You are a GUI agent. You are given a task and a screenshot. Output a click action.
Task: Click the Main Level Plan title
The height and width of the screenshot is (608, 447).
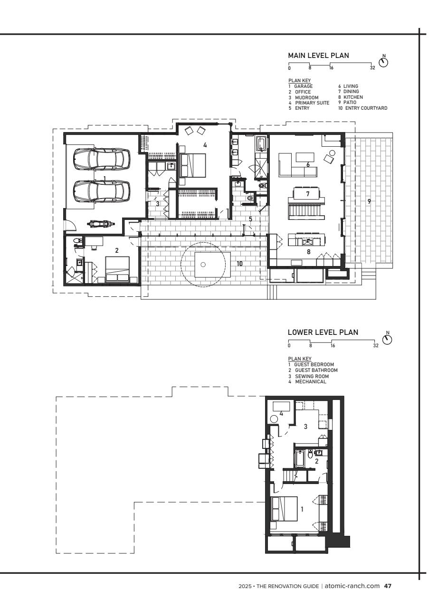(318, 56)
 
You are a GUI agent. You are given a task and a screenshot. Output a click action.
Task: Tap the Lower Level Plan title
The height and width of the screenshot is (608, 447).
(323, 332)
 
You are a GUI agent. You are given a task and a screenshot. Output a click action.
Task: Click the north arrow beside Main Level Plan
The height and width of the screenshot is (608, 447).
(383, 62)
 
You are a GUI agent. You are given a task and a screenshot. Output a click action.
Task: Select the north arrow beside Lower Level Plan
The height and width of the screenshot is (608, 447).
(387, 339)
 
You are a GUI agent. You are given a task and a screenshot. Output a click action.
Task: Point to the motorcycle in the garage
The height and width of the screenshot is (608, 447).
(100, 224)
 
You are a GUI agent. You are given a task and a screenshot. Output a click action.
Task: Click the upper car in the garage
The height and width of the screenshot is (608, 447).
(102, 159)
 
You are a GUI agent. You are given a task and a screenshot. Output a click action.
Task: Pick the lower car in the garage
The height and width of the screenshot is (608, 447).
(102, 191)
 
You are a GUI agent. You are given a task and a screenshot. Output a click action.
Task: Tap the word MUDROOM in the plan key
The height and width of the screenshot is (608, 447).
(307, 97)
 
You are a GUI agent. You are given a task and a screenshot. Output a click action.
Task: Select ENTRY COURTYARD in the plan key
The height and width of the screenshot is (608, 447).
(366, 108)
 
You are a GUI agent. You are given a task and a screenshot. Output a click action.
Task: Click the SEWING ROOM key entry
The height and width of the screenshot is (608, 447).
(312, 377)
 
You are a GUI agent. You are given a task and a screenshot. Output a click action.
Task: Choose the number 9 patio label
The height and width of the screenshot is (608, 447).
(369, 201)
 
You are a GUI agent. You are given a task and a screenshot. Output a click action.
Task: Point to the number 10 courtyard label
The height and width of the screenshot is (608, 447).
(239, 264)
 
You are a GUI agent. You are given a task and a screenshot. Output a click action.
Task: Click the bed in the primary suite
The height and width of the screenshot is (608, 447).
(192, 166)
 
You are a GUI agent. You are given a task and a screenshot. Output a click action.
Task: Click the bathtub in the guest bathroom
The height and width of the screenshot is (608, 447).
(299, 458)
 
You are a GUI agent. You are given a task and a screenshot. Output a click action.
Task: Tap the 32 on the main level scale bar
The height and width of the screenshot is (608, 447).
(372, 68)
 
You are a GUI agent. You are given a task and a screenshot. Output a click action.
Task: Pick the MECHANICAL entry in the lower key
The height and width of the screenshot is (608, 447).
(311, 381)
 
